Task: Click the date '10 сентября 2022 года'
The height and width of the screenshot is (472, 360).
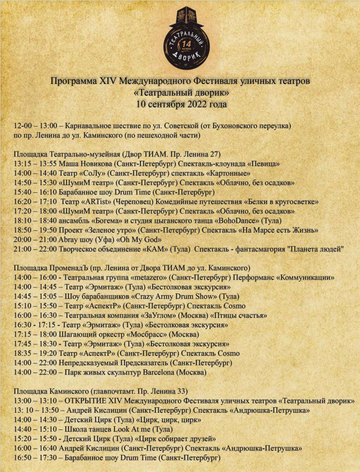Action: [180, 103]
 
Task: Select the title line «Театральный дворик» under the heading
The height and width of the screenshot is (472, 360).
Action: [180, 92]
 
